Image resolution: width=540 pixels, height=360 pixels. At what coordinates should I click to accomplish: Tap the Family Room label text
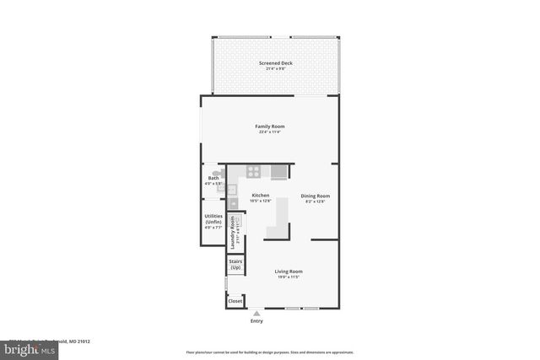(270, 126)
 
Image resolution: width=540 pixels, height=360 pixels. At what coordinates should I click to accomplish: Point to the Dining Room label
(313, 196)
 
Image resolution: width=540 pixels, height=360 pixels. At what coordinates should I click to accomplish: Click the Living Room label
(288, 271)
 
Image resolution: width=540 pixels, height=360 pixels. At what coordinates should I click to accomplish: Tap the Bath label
(213, 178)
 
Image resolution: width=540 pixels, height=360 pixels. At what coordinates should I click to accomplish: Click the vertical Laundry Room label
(232, 232)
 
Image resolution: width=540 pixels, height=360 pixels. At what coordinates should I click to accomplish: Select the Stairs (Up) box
(235, 265)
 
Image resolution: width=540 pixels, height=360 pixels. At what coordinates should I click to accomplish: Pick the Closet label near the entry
(235, 301)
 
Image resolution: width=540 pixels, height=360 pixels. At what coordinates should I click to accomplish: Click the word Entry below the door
(256, 321)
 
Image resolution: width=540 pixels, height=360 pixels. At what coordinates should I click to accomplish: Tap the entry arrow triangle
(256, 313)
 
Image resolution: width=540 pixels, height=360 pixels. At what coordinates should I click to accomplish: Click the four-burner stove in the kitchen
(252, 172)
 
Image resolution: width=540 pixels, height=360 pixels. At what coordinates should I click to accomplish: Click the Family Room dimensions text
(270, 132)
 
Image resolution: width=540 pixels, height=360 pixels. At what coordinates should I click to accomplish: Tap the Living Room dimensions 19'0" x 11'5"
(288, 277)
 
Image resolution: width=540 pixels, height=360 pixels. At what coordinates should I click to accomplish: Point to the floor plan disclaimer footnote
(270, 352)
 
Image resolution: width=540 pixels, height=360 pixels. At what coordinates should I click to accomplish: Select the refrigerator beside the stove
(278, 172)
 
